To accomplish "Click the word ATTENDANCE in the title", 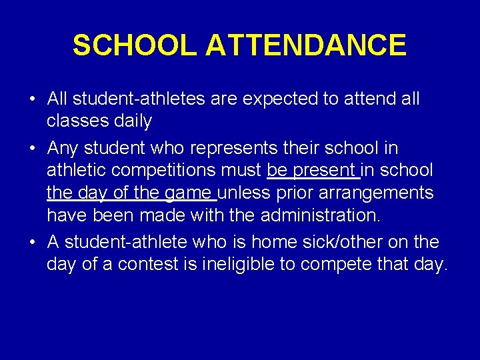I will coord(306,45).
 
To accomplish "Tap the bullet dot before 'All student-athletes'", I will coord(32,99).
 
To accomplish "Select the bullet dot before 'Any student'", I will coord(32,147).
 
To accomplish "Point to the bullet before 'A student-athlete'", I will coord(32,242).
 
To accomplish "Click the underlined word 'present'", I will coord(325,171).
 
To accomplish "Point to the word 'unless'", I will coord(239,193).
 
